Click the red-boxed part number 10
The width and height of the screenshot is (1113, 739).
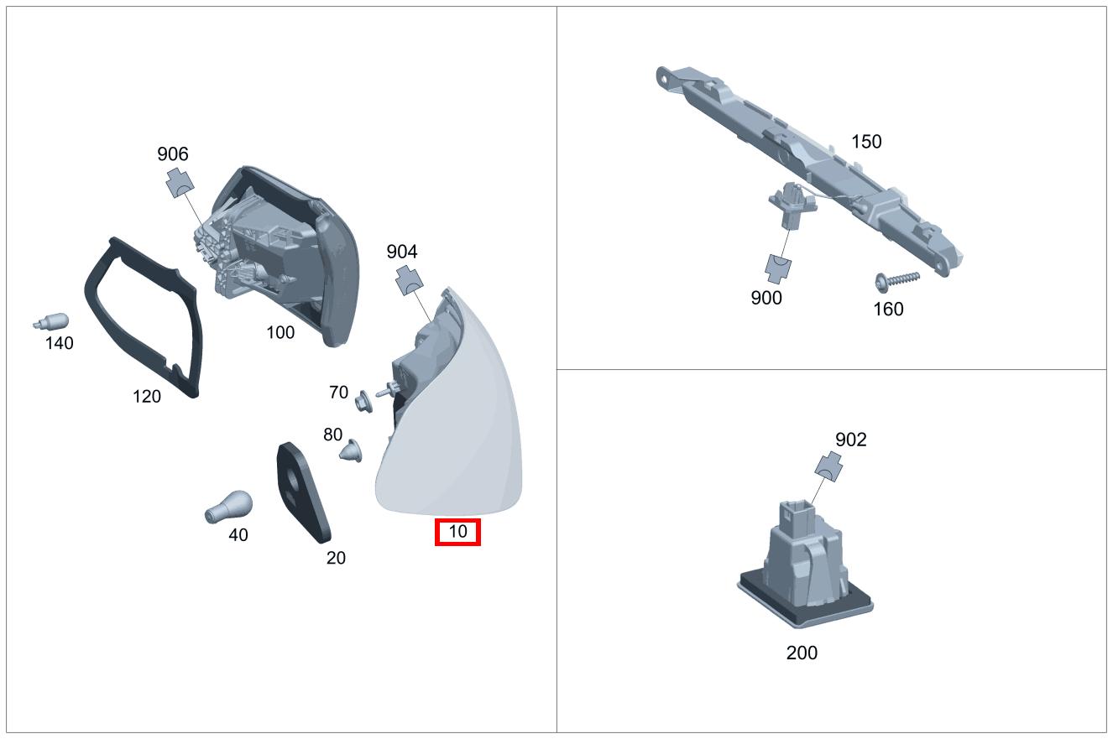pyautogui.click(x=457, y=532)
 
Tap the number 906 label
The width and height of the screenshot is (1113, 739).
pyautogui.click(x=172, y=154)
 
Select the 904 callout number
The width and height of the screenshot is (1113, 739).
pyautogui.click(x=402, y=252)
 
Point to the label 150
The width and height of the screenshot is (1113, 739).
pyautogui.click(x=866, y=142)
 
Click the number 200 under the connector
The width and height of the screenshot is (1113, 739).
pyautogui.click(x=802, y=653)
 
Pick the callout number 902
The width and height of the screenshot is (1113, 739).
pyautogui.click(x=850, y=440)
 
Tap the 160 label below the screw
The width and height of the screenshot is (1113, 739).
pyautogui.click(x=888, y=310)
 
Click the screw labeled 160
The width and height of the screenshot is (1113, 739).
pyautogui.click(x=896, y=281)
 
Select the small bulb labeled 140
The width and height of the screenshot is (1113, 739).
pyautogui.click(x=50, y=321)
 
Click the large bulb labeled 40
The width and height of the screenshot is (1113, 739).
pyautogui.click(x=228, y=507)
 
